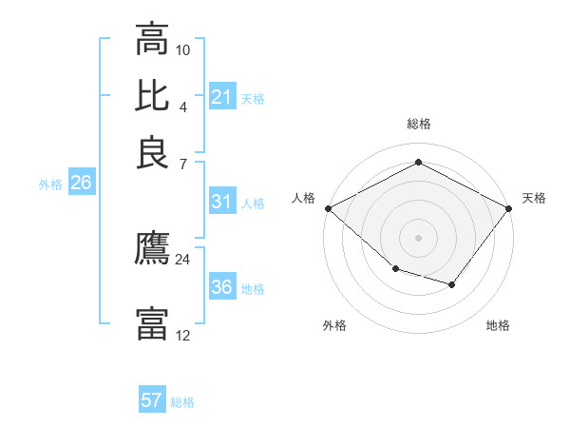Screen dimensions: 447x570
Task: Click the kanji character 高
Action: point(152,40)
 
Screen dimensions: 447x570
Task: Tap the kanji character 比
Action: point(152,96)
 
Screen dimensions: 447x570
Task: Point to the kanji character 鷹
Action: point(152,248)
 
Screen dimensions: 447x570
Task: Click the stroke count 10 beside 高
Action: point(183,49)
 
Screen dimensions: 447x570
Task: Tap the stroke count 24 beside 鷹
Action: point(183,259)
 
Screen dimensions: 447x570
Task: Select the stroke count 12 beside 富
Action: point(183,335)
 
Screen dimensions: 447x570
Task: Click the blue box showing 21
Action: point(221,97)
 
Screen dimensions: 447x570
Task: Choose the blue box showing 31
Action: point(221,202)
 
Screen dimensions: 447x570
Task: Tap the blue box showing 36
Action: point(221,287)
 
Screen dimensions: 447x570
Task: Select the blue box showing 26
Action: point(81,184)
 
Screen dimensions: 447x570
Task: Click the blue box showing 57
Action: point(151,400)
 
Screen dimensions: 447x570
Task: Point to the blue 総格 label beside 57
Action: point(182,402)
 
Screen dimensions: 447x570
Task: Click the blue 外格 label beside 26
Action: point(49,185)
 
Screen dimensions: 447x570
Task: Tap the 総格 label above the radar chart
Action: point(418,124)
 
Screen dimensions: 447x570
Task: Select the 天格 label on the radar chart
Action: point(534,198)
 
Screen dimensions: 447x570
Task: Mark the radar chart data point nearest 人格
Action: point(328,208)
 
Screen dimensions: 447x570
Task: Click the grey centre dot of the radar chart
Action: point(418,237)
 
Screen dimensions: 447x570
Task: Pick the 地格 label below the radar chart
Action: point(498,326)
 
